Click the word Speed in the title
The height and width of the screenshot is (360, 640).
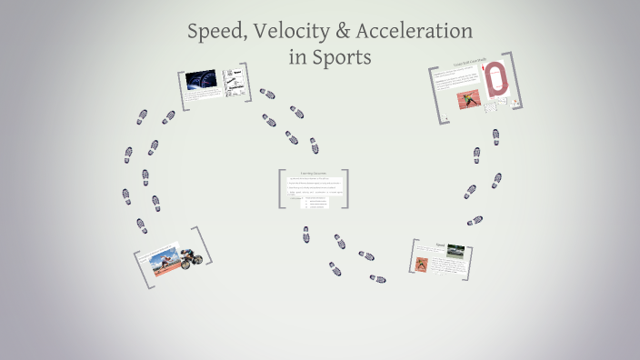[x=215, y=31]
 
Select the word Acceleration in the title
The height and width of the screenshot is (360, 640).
[x=418, y=31]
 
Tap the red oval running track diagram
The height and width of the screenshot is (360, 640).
[x=496, y=80]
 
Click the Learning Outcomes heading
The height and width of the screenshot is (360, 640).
[x=313, y=173]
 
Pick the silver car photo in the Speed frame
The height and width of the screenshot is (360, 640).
[x=455, y=252]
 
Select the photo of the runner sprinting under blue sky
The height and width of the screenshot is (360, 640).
[x=160, y=265]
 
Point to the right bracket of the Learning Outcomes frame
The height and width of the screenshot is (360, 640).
[x=346, y=189]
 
